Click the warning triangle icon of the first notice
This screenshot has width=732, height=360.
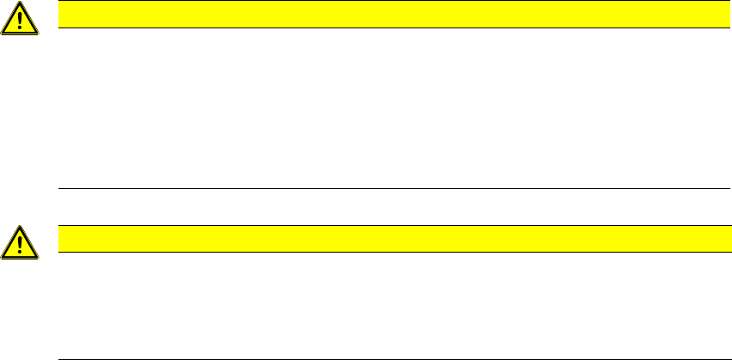21,19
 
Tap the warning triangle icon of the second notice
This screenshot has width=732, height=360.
21,243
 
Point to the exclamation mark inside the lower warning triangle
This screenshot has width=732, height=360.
21,243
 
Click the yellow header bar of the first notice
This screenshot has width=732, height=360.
387,15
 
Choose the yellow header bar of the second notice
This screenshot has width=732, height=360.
387,239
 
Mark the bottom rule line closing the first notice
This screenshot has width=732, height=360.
387,188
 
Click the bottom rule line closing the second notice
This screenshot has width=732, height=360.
387,358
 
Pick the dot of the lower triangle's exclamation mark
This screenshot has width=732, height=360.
21,253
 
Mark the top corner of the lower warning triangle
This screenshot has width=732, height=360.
21,227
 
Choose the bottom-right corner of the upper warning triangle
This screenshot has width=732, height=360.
38,33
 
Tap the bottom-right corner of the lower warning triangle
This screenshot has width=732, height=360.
38,257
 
